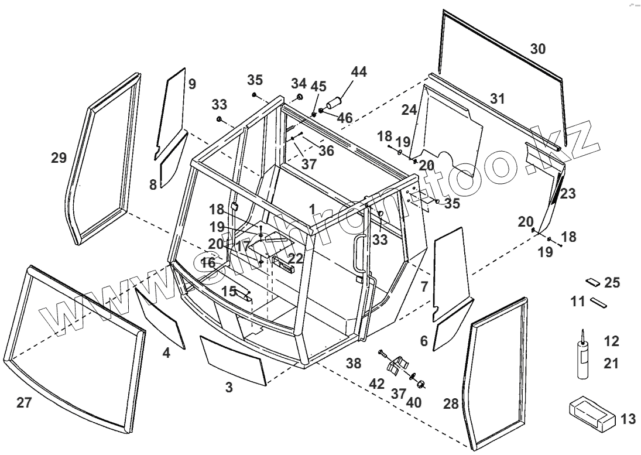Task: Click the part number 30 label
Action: pos(537,49)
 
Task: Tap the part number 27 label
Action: pos(23,402)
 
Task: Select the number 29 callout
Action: pos(59,158)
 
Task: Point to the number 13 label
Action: pos(628,419)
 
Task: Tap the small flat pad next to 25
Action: pos(592,282)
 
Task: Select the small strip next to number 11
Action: pos(599,303)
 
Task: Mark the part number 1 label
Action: pos(313,208)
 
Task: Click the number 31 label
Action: pos(497,98)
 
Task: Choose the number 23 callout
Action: pos(567,193)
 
